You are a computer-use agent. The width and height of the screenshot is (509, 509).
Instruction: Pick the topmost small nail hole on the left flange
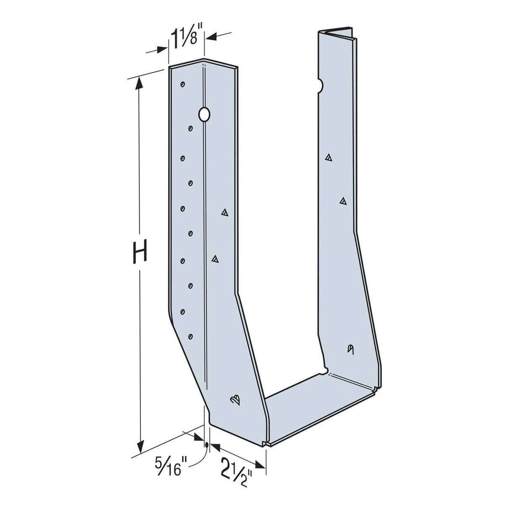tap(182, 84)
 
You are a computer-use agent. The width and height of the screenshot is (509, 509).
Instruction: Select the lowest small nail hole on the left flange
tap(190, 336)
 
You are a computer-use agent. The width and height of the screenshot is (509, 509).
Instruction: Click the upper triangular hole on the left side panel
tap(225, 213)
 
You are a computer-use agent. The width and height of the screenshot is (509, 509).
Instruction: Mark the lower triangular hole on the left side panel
tap(215, 259)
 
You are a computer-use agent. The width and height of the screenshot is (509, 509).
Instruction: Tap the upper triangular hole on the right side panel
tap(329, 158)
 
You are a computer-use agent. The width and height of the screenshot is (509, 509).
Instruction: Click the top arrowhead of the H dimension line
tap(140, 83)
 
